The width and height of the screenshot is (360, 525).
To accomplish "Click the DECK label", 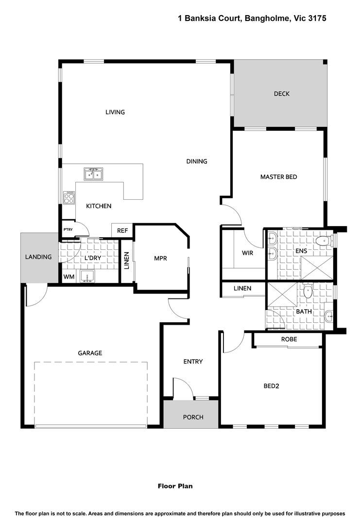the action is click(281, 94).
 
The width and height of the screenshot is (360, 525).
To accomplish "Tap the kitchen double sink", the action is click(93, 174).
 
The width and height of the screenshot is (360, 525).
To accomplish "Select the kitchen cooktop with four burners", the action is click(69, 197).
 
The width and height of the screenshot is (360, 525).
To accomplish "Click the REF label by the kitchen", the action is click(122, 231).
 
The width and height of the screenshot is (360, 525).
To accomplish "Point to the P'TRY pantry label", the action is click(68, 229).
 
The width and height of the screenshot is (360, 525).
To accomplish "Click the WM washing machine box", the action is click(69, 277).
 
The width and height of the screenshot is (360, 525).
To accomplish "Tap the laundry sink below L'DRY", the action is click(87, 276).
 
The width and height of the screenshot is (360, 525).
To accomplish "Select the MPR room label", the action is click(160, 259).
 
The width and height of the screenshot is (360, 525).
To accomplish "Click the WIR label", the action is click(247, 253).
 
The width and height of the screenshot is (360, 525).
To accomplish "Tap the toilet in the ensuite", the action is click(324, 241).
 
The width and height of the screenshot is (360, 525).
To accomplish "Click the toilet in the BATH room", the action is click(308, 291).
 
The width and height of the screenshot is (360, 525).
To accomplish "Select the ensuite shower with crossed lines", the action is click(317, 267).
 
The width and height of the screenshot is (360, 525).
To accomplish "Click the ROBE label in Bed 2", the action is click(289, 339).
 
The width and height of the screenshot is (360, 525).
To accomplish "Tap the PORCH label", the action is click(193, 417).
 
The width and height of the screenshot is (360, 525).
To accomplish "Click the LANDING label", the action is click(38, 257).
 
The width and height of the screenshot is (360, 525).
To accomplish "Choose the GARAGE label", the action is click(90, 353).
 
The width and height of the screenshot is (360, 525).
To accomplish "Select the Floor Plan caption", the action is click(175, 486).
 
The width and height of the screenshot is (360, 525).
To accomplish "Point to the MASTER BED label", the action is click(279, 177).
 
